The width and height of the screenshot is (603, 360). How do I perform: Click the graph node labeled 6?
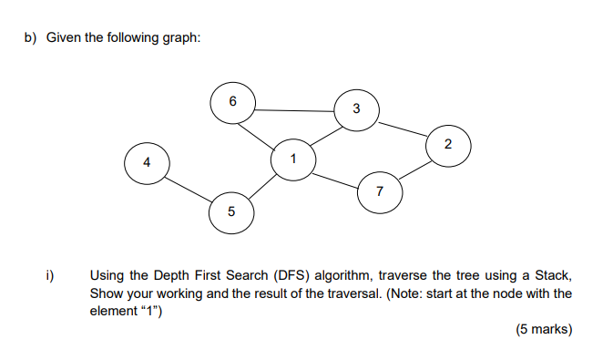tap(232, 103)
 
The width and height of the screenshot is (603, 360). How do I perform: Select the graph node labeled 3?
tap(356, 109)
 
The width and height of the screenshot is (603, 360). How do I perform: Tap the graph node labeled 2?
tap(448, 145)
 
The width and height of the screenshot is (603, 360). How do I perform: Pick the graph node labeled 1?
tap(292, 159)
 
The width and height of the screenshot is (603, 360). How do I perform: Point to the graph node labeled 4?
tap(145, 163)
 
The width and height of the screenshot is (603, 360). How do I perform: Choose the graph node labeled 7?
tap(379, 190)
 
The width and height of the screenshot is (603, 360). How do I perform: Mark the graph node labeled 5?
tap(230, 211)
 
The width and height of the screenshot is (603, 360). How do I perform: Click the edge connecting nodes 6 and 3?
tap(294, 110)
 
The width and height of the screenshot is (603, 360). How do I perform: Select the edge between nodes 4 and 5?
tap(188, 188)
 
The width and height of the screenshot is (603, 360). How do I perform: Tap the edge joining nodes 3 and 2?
tap(402, 128)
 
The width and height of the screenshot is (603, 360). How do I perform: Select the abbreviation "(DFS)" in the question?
tap(285, 275)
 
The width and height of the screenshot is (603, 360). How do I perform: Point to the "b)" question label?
tap(30, 37)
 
